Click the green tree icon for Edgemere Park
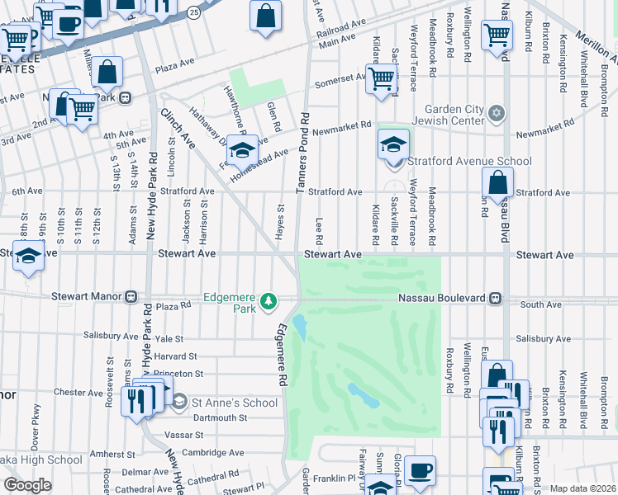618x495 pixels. coord(268,303)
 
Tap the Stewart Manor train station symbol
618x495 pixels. coord(131,296)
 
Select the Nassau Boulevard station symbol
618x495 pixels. coord(495,298)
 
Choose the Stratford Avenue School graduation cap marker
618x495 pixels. coord(394,145)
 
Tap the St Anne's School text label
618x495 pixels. coord(234,403)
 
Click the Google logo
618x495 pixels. coord(27,485)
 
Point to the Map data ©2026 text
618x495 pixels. coord(582,488)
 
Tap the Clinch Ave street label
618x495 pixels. coord(178,129)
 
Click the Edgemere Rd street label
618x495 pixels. coord(282,355)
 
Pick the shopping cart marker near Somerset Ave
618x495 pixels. coord(381,80)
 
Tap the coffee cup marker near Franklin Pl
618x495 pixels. coord(421,470)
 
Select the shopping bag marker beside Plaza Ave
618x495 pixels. coord(107,72)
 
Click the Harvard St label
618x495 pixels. coord(174,356)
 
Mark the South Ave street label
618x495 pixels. coord(541,304)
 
